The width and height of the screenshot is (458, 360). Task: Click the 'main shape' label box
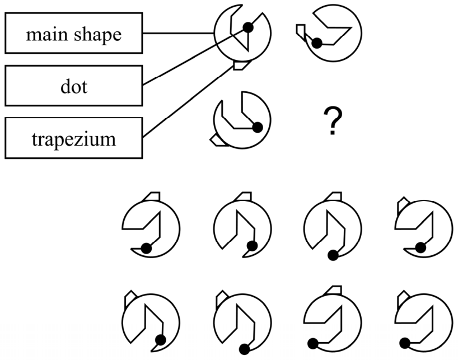click(73, 33)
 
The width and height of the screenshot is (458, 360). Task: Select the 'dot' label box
click(73, 86)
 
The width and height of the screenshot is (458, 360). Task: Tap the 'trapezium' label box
click(73, 138)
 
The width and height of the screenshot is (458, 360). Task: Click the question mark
click(333, 121)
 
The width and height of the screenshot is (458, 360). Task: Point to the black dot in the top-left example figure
click(248, 27)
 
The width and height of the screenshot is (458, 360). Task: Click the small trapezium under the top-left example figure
click(241, 65)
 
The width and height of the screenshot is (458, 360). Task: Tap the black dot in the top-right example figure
click(317, 43)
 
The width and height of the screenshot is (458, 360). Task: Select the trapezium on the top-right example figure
click(301, 32)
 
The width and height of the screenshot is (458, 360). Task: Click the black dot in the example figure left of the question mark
click(258, 128)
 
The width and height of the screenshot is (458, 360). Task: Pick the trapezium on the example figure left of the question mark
click(218, 141)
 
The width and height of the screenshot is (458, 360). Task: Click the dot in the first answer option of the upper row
click(146, 249)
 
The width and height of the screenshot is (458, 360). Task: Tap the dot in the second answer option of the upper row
click(252, 246)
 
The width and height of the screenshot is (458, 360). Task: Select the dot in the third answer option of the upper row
click(333, 255)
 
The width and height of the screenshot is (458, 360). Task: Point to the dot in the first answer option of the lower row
click(160, 340)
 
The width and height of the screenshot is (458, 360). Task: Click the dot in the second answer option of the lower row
click(244, 349)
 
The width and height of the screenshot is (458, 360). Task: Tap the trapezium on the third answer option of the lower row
click(333, 290)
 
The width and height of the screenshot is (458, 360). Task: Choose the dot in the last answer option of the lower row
click(405, 343)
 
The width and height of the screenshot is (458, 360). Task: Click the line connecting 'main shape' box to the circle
click(179, 33)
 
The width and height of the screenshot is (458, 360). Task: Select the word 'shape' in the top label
click(97, 35)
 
